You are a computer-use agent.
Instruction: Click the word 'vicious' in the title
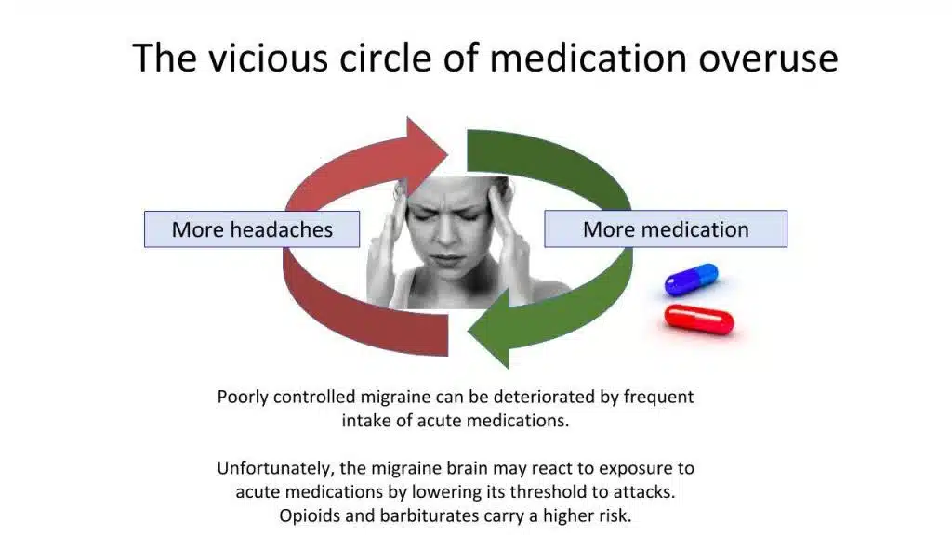tap(269, 59)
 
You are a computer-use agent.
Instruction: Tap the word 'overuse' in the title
tap(769, 59)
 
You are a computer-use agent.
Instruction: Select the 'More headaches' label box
tap(252, 229)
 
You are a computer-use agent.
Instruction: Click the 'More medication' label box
tap(666, 229)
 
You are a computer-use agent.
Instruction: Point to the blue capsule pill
tap(692, 279)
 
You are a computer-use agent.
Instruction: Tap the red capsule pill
tap(699, 320)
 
